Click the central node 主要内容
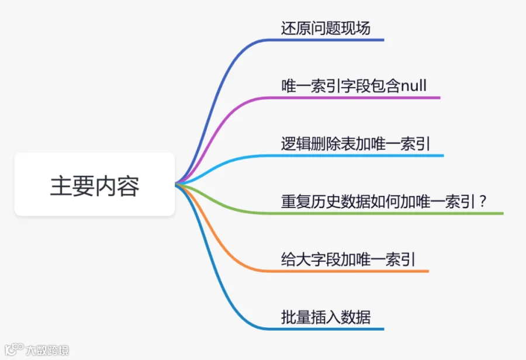pos(95,184)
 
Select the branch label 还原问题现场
pos(326,28)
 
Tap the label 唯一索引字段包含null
pos(354,86)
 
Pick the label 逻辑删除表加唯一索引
pos(355,144)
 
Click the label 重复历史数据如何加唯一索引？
pos(384,202)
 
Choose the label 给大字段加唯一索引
pos(348,259)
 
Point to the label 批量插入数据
pos(326,317)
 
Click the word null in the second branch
pos(414,86)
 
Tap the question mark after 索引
pos(483,201)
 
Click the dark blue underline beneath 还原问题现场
pos(326,40)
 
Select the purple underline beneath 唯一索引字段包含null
pos(354,98)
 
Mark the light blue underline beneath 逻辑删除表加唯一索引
pos(355,155)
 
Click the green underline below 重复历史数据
pos(385,213)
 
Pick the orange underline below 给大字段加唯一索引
pos(348,271)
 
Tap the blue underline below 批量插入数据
pos(326,329)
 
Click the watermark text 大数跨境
pos(47,351)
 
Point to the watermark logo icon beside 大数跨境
pos(14,349)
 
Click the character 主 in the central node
pos(61,185)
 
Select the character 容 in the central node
pos(128,185)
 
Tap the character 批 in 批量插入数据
pos(289,317)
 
